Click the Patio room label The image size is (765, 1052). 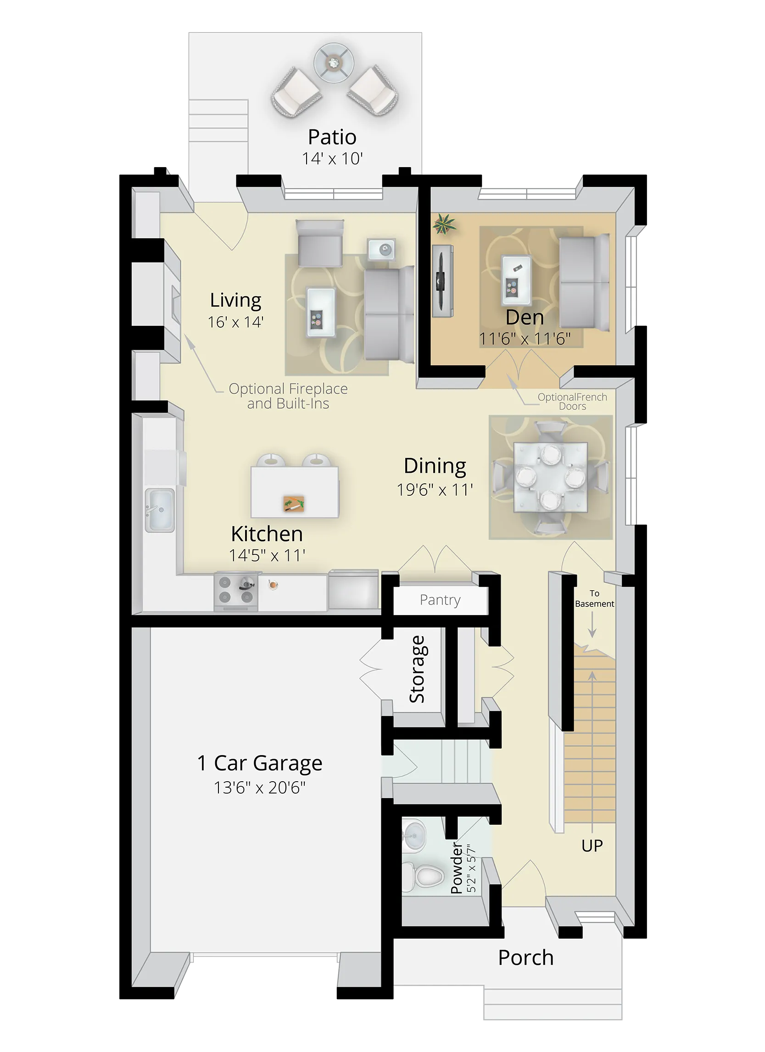[332, 137]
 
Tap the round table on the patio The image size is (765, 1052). [334, 62]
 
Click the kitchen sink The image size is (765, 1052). [160, 510]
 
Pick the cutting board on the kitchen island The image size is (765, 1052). [294, 504]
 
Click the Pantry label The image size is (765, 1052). [440, 600]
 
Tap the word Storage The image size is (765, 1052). [417, 669]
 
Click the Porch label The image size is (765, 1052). [526, 957]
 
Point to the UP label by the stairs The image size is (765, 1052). [592, 845]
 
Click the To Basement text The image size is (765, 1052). [594, 599]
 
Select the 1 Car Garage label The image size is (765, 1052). [260, 763]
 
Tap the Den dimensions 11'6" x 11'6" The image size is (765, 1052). [525, 339]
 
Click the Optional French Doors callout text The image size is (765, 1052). [572, 402]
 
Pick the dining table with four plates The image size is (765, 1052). [551, 477]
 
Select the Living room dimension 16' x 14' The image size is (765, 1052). [235, 322]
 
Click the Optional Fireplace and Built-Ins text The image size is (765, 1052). [288, 396]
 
